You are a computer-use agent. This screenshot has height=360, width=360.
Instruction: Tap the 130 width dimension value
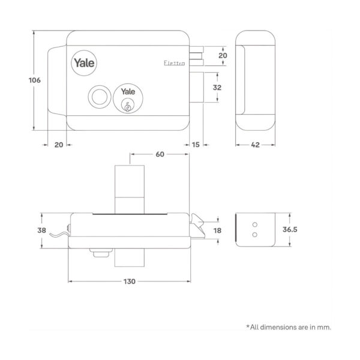coord(129,281)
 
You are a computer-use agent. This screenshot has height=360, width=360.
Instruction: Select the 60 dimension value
coord(160,155)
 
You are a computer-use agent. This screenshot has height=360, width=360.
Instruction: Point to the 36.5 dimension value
coord(307,230)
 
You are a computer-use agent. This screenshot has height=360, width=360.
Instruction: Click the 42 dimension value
coord(255,145)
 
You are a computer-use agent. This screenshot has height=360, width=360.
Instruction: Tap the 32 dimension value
coord(217,88)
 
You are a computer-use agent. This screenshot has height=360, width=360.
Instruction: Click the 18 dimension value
coord(218,230)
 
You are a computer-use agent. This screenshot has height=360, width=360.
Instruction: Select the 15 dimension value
coord(197,145)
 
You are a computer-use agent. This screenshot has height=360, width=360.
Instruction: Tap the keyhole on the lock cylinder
coord(127,106)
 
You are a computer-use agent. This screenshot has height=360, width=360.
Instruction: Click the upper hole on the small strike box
coord(254,223)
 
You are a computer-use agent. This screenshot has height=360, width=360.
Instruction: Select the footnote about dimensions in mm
coord(289,327)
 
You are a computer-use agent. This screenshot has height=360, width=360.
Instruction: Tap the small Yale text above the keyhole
coord(127,92)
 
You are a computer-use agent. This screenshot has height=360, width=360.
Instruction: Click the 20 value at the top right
coord(223,56)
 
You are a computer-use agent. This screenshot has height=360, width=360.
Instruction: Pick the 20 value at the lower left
coord(58,145)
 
